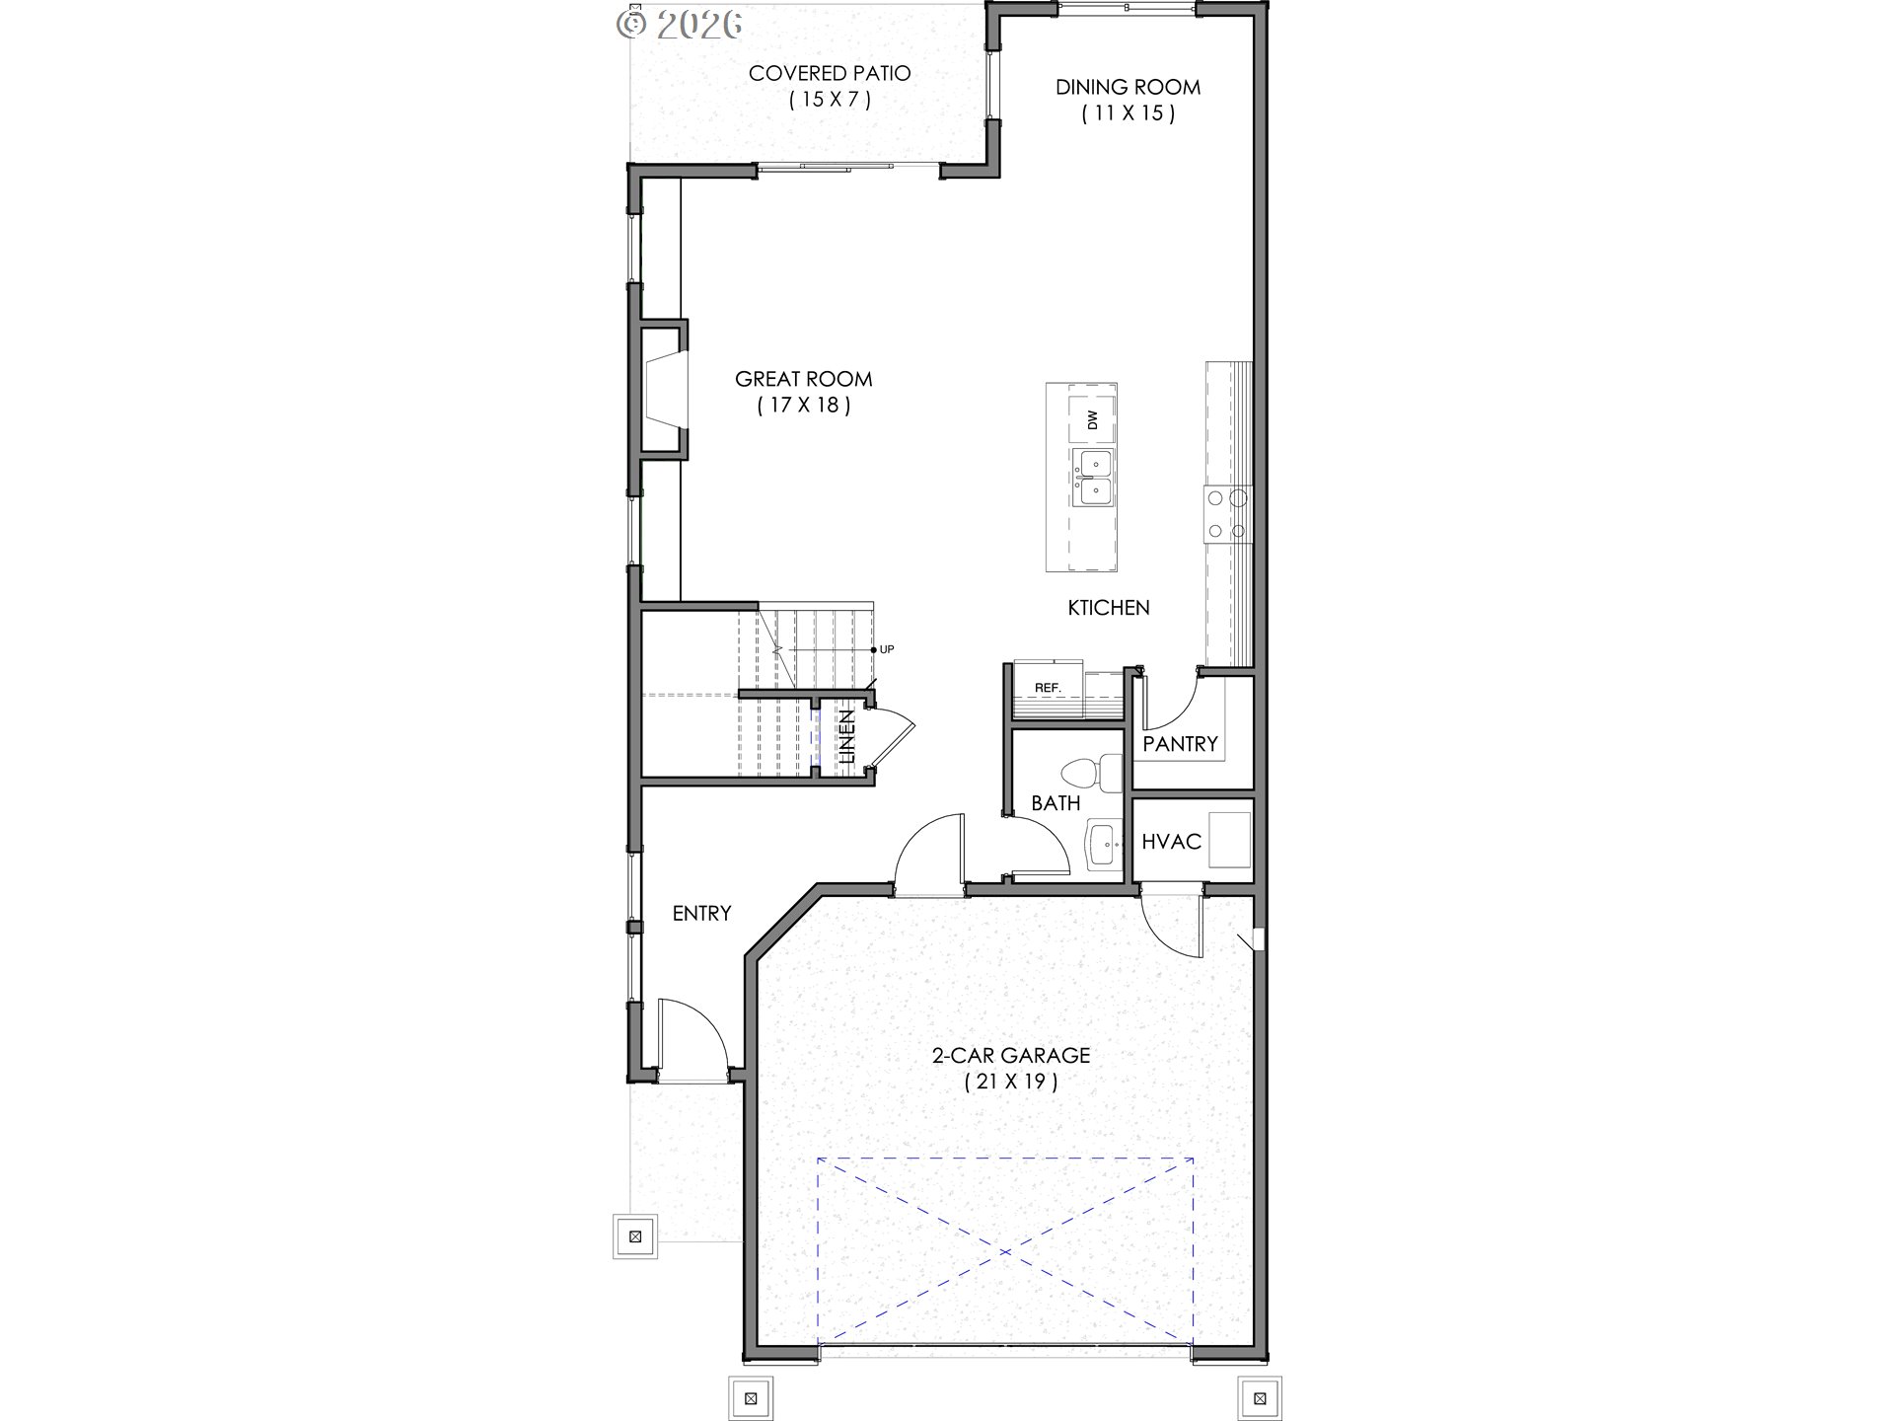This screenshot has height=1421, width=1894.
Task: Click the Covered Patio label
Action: [x=829, y=73]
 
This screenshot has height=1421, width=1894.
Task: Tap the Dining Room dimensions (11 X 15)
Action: [x=1128, y=113]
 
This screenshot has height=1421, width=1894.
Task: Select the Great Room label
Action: [x=803, y=379]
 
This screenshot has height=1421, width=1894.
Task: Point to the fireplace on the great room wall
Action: [x=663, y=392]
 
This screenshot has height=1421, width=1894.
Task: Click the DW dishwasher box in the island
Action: [x=1093, y=421]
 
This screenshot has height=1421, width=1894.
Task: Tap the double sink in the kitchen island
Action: [x=1093, y=477]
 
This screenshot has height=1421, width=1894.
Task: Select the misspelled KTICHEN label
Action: [x=1109, y=608]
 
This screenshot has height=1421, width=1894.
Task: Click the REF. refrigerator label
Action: [x=1047, y=687]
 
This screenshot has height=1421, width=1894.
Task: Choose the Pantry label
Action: [x=1180, y=744]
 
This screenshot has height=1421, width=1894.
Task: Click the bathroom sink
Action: [x=1104, y=845]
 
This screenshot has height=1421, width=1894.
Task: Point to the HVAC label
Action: [x=1171, y=842]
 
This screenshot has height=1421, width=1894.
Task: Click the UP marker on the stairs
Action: [x=886, y=649]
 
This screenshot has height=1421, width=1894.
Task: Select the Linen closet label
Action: [x=846, y=737]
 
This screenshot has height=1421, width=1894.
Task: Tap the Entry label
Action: [x=701, y=914]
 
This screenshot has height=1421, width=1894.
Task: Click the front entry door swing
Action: [x=692, y=1036]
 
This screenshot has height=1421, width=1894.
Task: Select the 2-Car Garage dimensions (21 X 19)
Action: [x=1010, y=1082]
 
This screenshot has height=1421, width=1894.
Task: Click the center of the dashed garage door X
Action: [x=1005, y=1251]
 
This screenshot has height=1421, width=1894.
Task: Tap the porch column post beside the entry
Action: [x=635, y=1235]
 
